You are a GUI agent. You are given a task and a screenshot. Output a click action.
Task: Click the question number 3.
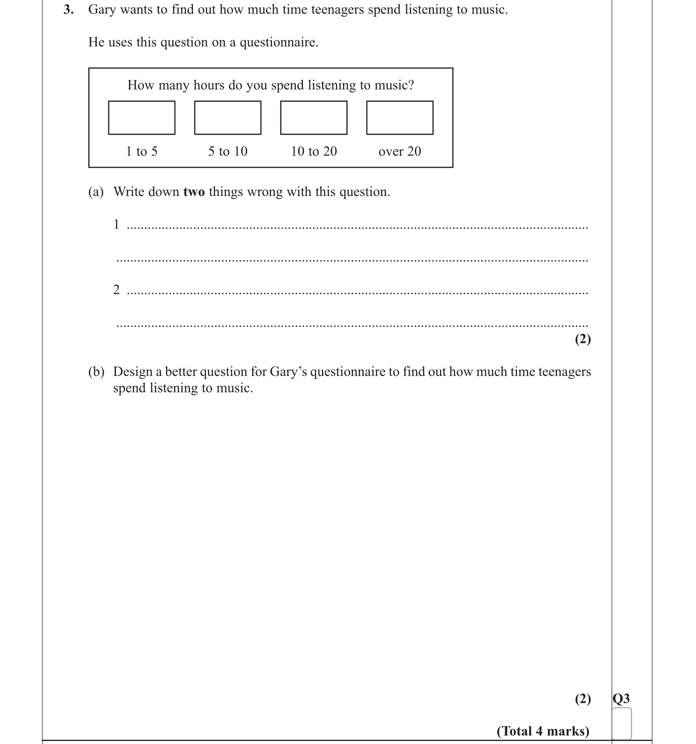tap(68, 10)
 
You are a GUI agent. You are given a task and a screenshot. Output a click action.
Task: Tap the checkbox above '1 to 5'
tap(142, 118)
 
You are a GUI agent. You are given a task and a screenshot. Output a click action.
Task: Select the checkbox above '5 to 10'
tap(228, 118)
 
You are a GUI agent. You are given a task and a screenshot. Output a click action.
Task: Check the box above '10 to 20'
tap(314, 118)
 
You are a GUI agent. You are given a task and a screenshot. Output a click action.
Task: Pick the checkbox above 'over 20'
tap(400, 118)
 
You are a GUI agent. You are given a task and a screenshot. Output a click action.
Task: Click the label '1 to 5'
tap(142, 151)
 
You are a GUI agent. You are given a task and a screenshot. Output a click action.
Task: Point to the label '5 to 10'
tap(228, 151)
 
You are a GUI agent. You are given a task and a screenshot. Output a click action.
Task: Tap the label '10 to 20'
tap(314, 151)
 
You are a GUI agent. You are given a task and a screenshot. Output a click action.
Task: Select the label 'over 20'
tap(400, 151)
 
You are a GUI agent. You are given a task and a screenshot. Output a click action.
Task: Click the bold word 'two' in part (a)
tap(194, 192)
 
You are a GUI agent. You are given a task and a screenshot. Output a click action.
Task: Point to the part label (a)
tap(96, 192)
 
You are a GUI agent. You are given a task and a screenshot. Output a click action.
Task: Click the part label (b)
tap(96, 372)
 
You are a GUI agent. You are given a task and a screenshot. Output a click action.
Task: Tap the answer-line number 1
tap(116, 225)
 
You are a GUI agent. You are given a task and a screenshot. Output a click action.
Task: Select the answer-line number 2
tap(116, 290)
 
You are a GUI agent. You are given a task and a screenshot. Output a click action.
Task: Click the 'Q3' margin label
tap(621, 699)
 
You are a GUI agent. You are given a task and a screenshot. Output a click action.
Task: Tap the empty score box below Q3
tap(622, 723)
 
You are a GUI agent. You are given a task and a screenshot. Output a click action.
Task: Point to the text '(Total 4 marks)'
tap(543, 731)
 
